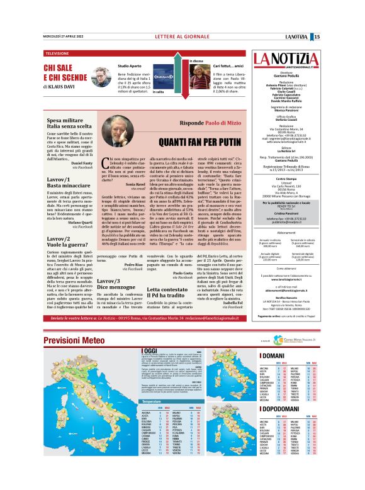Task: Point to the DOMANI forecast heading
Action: pyautogui.click(x=272, y=356)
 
